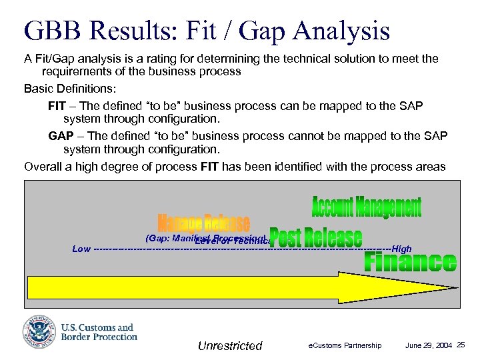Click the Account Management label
[x=367, y=207]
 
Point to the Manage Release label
[x=204, y=223]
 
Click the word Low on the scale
[x=81, y=249]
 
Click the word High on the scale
[x=402, y=249]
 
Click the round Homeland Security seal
[x=40, y=331]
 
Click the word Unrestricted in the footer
[x=230, y=345]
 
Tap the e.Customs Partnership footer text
[x=345, y=345]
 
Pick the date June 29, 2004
[x=429, y=345]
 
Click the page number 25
[x=461, y=345]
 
